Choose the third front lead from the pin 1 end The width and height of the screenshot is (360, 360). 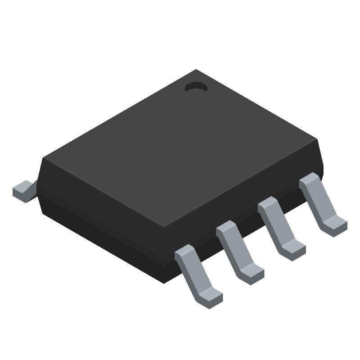[x=238, y=250]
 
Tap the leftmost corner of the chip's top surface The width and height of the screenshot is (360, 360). [x=43, y=157]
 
